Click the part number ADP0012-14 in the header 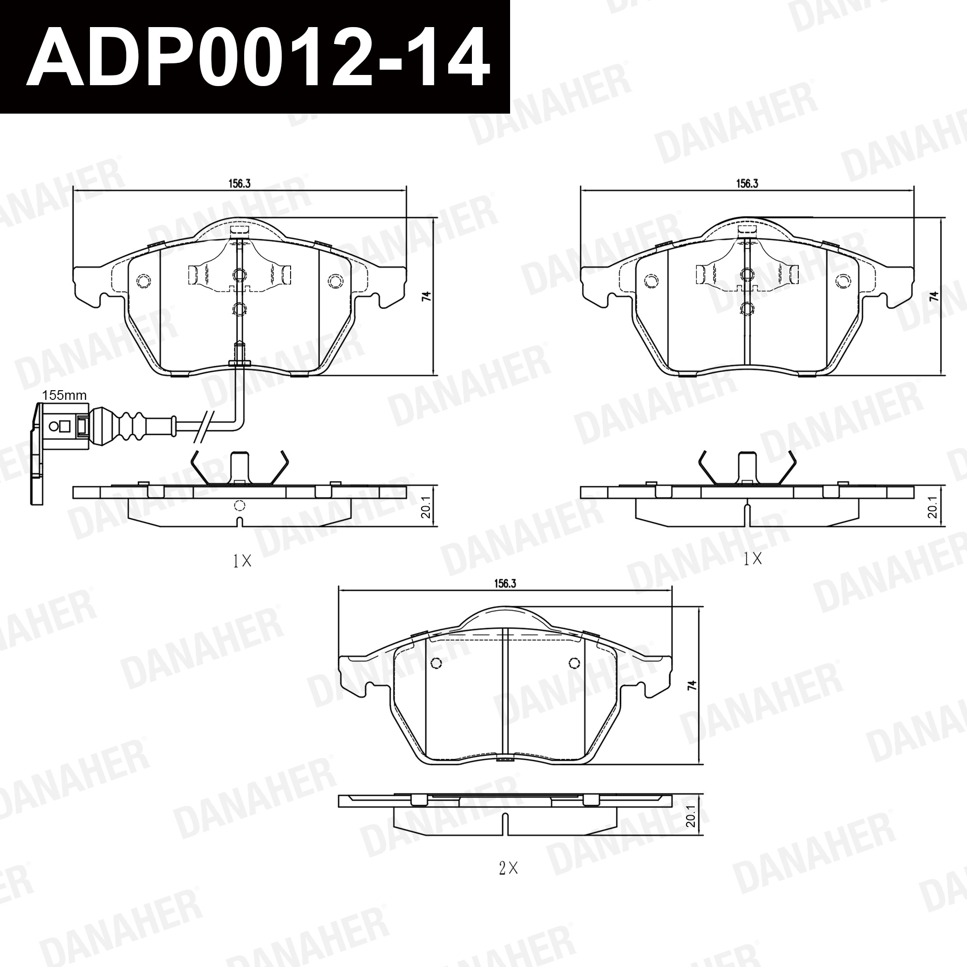pyautogui.click(x=258, y=58)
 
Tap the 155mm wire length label pyautogui.click(x=64, y=396)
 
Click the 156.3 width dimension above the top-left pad pyautogui.click(x=239, y=183)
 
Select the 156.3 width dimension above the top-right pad pyautogui.click(x=747, y=183)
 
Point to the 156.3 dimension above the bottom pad pyautogui.click(x=505, y=583)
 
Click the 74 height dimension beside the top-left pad pyautogui.click(x=426, y=296)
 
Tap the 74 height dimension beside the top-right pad pyautogui.click(x=934, y=296)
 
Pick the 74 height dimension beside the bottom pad pyautogui.click(x=692, y=685)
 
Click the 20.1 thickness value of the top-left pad pyautogui.click(x=426, y=507)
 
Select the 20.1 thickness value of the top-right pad pyautogui.click(x=934, y=507)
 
